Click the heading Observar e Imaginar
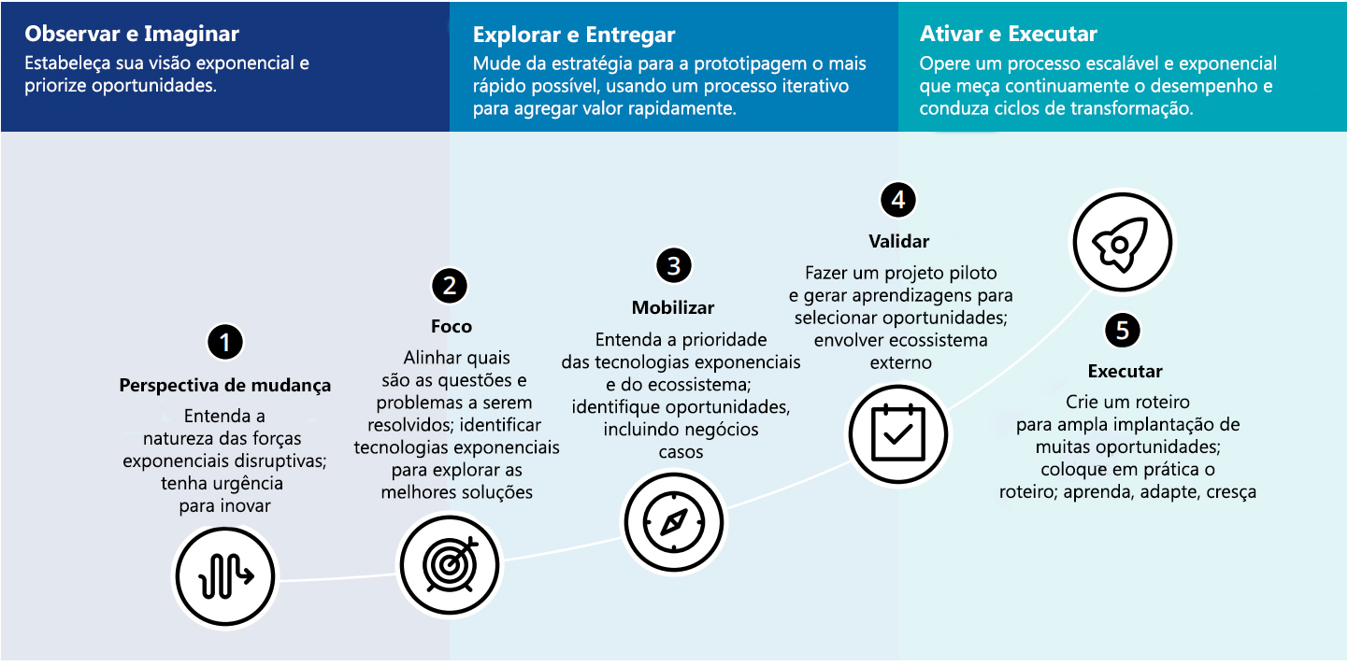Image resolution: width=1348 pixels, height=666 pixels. (x=132, y=35)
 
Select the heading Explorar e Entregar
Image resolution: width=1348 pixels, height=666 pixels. (x=574, y=35)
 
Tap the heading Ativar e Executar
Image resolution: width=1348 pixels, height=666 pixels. (x=1009, y=35)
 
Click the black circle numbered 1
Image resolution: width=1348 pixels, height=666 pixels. (x=225, y=343)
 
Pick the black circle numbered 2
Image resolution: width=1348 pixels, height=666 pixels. (x=450, y=286)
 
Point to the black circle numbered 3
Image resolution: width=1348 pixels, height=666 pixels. (x=674, y=265)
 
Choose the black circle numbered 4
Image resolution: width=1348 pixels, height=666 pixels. (x=898, y=200)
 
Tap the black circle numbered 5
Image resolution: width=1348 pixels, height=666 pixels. (x=1123, y=331)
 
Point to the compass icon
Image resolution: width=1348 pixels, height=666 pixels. (x=674, y=522)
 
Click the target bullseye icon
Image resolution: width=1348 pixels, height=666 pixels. (x=450, y=565)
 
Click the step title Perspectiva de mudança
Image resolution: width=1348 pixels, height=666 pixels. (x=225, y=385)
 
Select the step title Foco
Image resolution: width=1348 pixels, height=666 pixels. (x=452, y=326)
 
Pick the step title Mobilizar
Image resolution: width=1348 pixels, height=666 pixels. (x=673, y=307)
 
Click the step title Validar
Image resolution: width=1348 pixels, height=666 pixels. (x=899, y=242)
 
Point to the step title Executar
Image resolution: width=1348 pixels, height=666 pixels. (x=1126, y=372)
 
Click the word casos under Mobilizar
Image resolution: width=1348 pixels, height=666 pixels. (x=681, y=452)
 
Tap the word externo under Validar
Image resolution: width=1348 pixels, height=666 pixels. (x=901, y=363)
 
